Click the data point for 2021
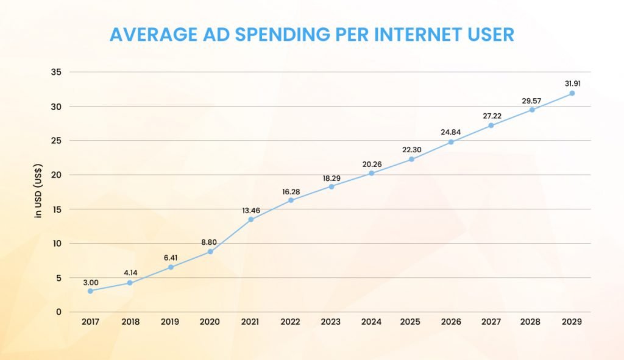click(x=250, y=219)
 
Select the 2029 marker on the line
click(x=572, y=93)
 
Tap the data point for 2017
click(x=90, y=291)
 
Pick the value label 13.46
click(x=250, y=211)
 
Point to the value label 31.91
click(x=572, y=83)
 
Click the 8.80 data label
click(x=210, y=242)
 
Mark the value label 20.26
click(x=371, y=164)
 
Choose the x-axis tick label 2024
click(x=371, y=322)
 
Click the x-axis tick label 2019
click(x=170, y=322)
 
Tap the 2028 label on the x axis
click(x=531, y=322)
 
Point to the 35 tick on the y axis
click(x=57, y=72)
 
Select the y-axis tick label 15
click(x=57, y=209)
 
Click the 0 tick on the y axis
click(x=59, y=312)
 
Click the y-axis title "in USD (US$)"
click(x=38, y=192)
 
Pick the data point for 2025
click(x=411, y=159)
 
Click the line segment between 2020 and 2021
click(x=230, y=236)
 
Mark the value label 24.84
click(x=451, y=133)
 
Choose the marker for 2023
click(x=331, y=186)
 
